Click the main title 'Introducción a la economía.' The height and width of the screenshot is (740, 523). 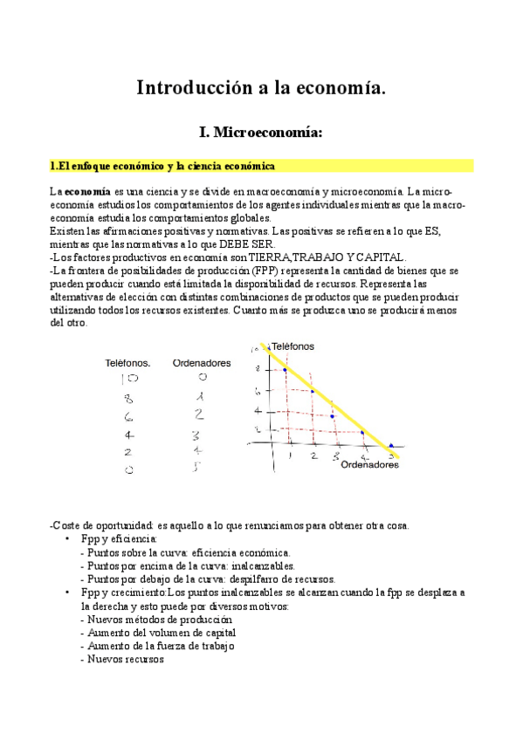[261, 87]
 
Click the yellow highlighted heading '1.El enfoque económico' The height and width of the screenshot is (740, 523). [162, 166]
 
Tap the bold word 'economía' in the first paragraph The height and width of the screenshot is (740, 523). [86, 190]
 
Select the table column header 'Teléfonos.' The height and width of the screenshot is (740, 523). [127, 362]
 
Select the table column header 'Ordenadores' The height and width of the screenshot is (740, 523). [202, 362]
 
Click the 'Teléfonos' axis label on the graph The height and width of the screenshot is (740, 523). [292, 346]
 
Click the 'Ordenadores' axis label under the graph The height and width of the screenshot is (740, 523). [369, 465]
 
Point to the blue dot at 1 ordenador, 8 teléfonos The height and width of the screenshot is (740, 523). [285, 371]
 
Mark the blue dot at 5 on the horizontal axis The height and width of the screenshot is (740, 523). [391, 446]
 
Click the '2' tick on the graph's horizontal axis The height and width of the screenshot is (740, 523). [313, 456]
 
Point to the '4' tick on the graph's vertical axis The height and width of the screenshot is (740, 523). [257, 410]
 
